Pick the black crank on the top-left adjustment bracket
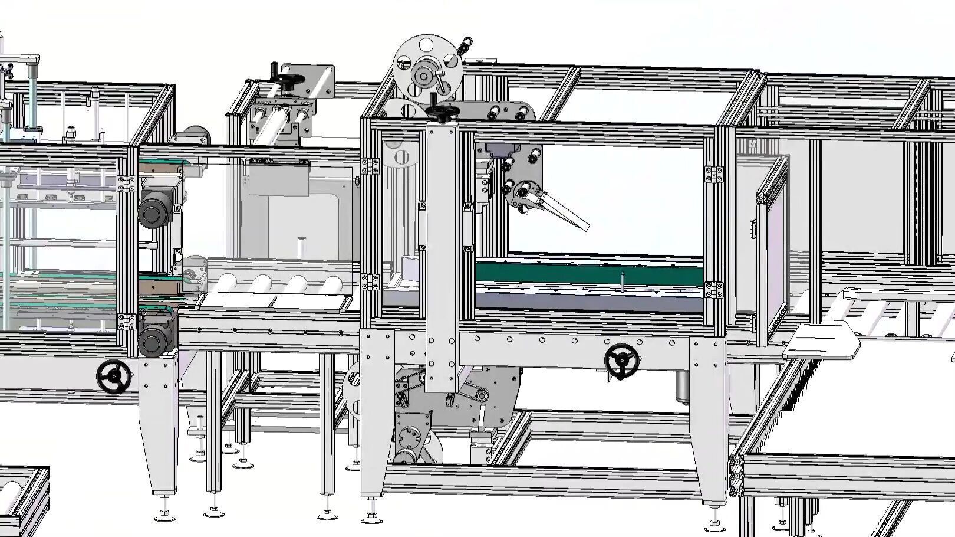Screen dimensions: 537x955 tap(289, 78)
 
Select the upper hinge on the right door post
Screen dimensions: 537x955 tap(714, 173)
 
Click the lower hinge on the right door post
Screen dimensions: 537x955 tap(714, 290)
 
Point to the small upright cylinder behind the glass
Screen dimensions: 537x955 tap(301, 245)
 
